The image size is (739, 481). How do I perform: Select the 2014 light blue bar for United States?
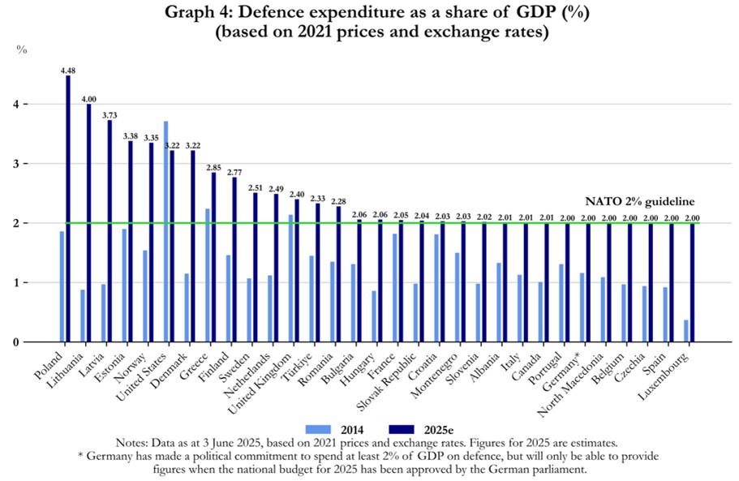click(165, 231)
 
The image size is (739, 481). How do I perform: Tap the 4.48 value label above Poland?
click(68, 71)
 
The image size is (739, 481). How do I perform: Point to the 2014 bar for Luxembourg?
click(685, 331)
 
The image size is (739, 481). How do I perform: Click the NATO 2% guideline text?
click(640, 201)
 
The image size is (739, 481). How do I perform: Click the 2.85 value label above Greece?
click(214, 167)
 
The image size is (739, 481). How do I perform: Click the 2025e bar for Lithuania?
click(89, 223)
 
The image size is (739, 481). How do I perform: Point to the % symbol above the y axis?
click(23, 49)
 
